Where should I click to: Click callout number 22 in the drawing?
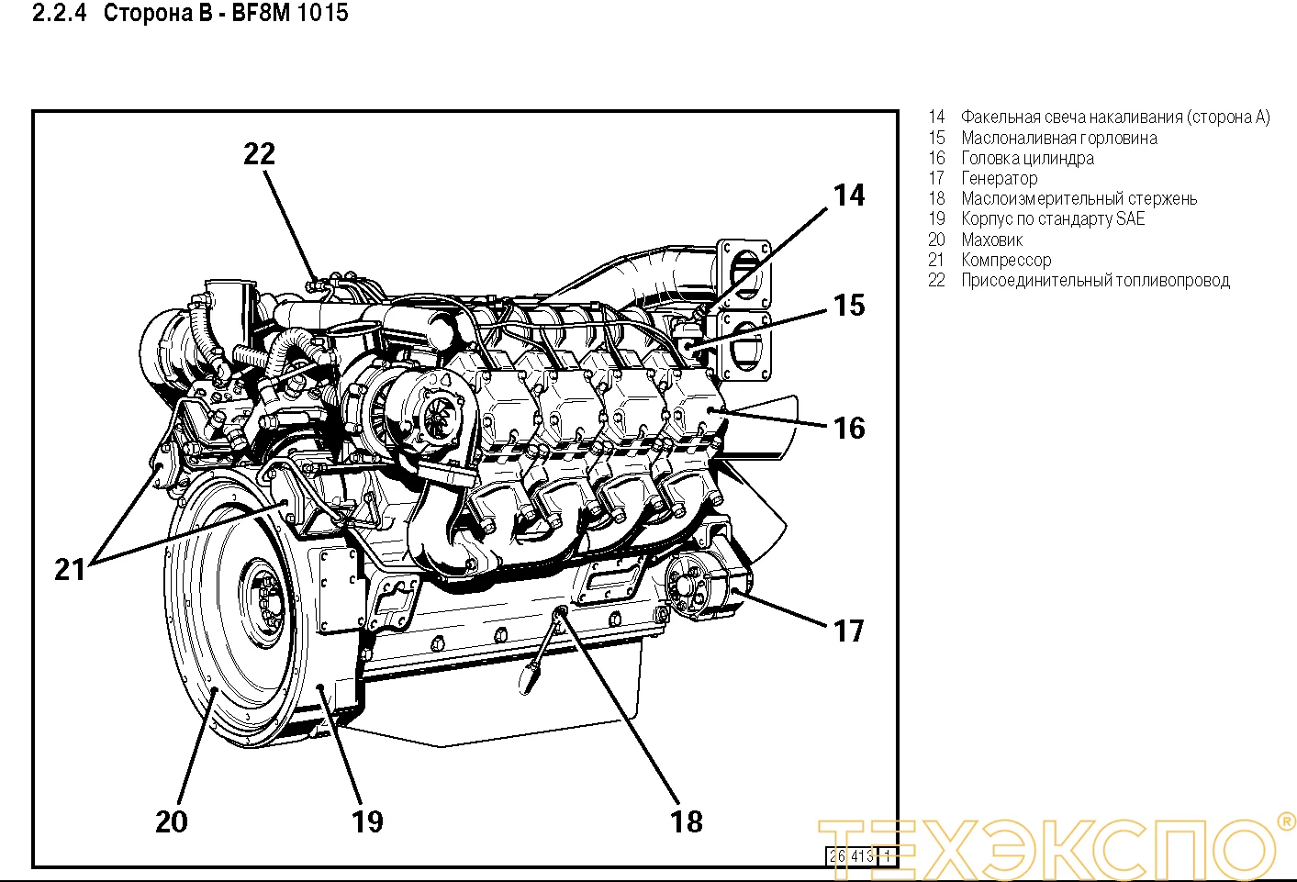(x=259, y=154)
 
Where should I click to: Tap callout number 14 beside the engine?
(x=848, y=195)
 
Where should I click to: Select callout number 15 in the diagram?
(x=848, y=306)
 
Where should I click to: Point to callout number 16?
(x=848, y=428)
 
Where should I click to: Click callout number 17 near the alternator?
(x=848, y=631)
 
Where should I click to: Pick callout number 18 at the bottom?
(x=687, y=821)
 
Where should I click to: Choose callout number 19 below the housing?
(x=367, y=821)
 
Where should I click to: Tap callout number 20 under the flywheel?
(x=172, y=821)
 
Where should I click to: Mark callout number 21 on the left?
(x=70, y=570)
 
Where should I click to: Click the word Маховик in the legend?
(x=991, y=240)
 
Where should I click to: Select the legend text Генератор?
(x=999, y=179)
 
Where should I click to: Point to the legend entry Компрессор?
(x=1006, y=261)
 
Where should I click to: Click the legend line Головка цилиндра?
(x=1027, y=159)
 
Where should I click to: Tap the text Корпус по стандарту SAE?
(x=1053, y=219)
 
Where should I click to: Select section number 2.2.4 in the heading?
(x=59, y=14)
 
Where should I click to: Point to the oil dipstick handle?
(x=530, y=678)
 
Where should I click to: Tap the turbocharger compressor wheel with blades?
(x=438, y=418)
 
